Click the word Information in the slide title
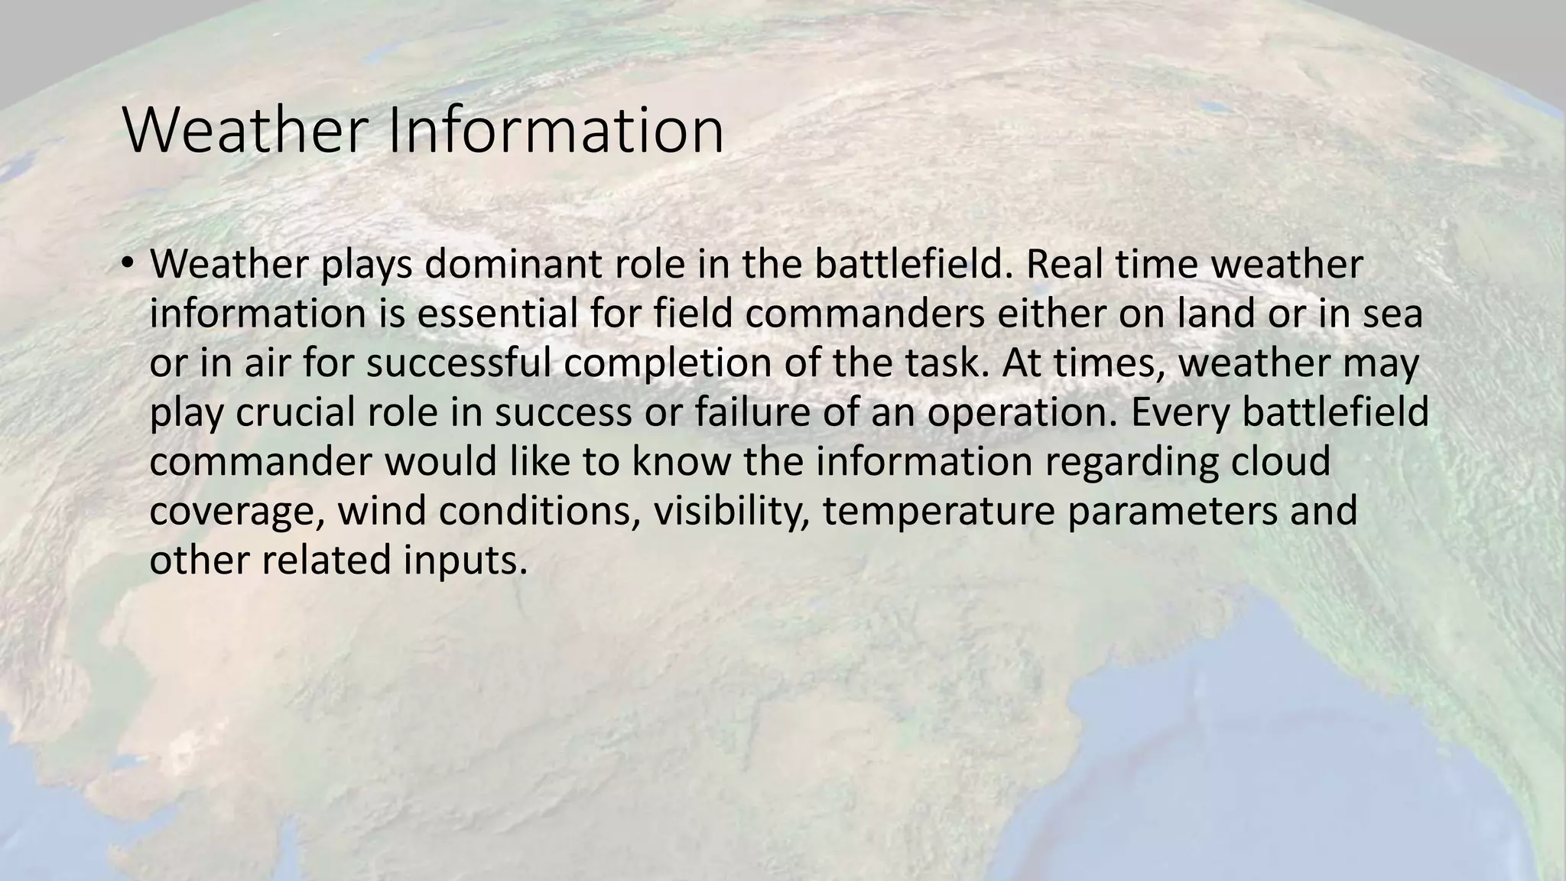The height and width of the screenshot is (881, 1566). click(556, 131)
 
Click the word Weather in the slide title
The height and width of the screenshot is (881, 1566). click(249, 131)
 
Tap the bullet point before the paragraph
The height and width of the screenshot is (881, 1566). click(127, 264)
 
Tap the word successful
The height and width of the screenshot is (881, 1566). click(458, 362)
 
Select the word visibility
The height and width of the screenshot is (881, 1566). click(731, 510)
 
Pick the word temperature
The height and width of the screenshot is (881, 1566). click(939, 512)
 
